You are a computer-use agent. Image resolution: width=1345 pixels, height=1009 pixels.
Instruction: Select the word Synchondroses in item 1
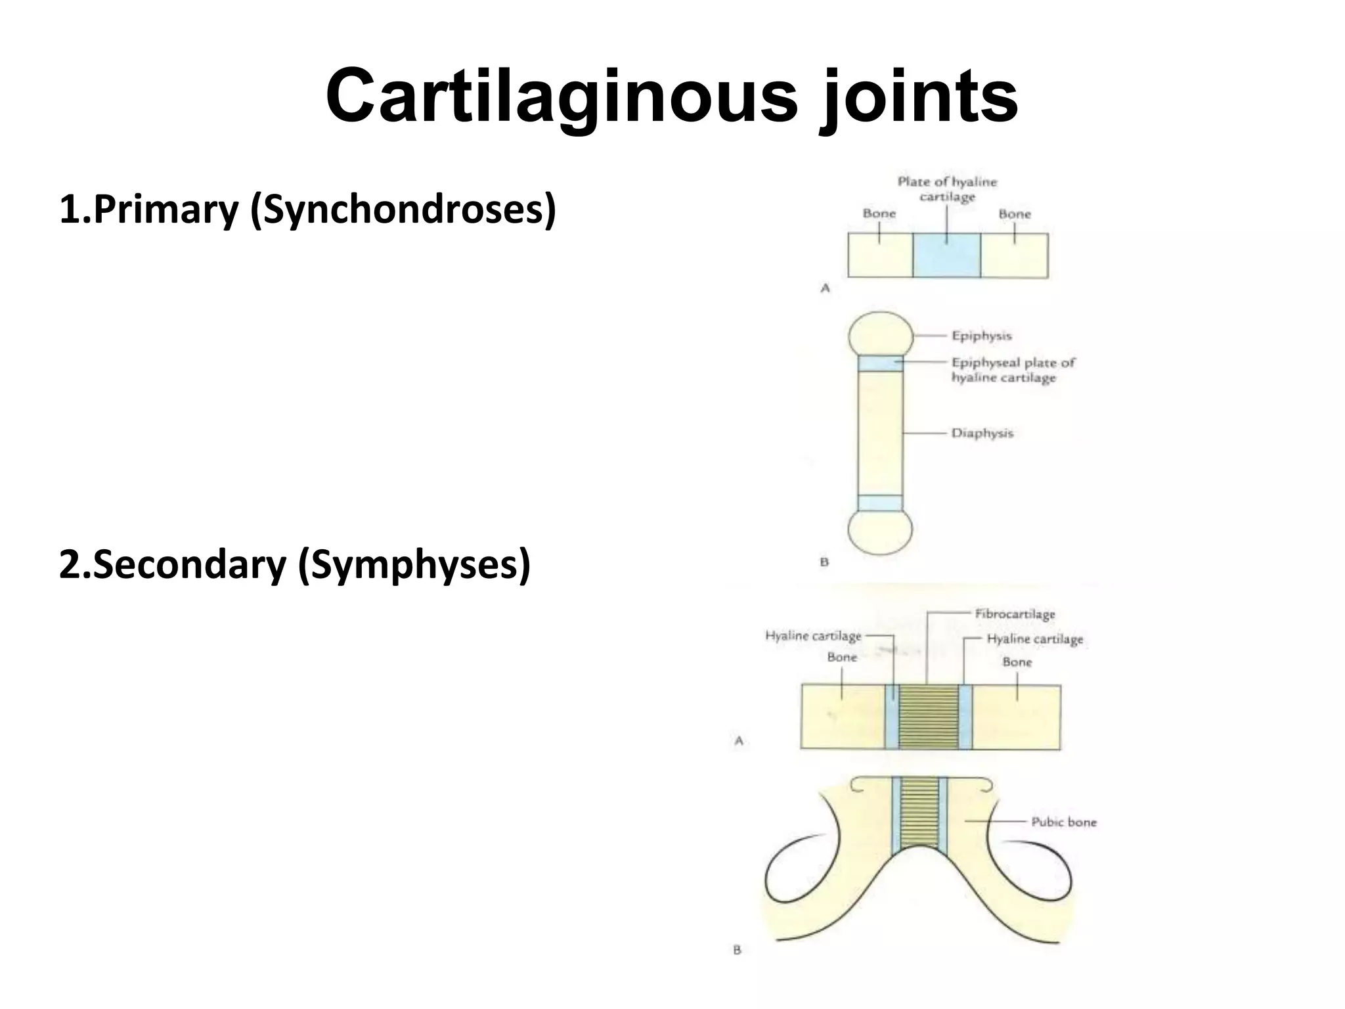[403, 210]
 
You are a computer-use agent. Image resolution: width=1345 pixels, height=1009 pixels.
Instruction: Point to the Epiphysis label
[981, 336]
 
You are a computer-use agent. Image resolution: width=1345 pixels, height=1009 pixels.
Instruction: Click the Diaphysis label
[982, 433]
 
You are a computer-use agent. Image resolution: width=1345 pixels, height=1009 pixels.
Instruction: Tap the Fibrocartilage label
[1015, 614]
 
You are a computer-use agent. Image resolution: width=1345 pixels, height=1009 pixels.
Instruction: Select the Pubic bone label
[1063, 822]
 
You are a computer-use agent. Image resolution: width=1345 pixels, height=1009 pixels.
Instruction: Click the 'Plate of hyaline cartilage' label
[947, 189]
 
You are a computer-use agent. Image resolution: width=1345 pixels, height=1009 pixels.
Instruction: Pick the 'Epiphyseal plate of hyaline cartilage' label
[1013, 370]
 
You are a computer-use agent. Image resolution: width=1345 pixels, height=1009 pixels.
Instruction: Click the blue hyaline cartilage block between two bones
[946, 256]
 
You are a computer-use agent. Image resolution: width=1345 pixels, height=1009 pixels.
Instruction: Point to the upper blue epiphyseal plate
[880, 363]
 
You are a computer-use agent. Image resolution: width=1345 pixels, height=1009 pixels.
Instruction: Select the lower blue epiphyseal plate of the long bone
[880, 503]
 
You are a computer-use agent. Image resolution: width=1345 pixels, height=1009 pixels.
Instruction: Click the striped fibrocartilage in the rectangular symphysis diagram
[929, 717]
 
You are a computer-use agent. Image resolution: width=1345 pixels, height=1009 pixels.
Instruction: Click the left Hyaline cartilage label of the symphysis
[813, 636]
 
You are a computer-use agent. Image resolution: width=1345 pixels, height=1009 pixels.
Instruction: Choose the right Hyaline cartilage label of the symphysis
[1034, 639]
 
